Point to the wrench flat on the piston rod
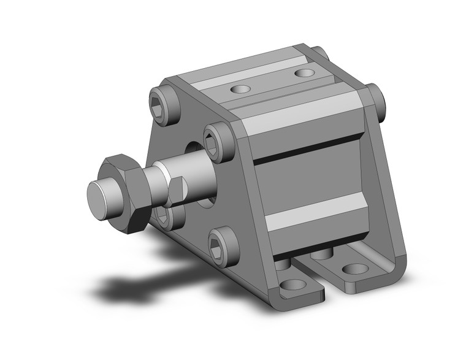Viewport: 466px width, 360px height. [x=177, y=190]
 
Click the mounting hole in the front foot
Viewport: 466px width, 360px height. [x=294, y=285]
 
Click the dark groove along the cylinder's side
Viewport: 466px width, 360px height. [x=307, y=153]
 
